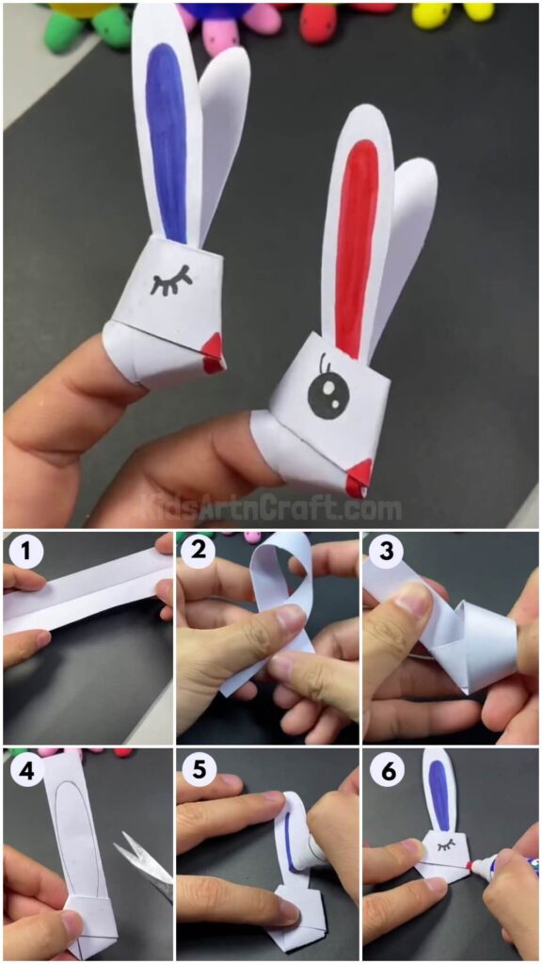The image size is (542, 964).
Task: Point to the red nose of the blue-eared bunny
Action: pyautogui.click(x=214, y=350)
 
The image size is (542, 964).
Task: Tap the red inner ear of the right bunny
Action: pyautogui.click(x=357, y=240)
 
